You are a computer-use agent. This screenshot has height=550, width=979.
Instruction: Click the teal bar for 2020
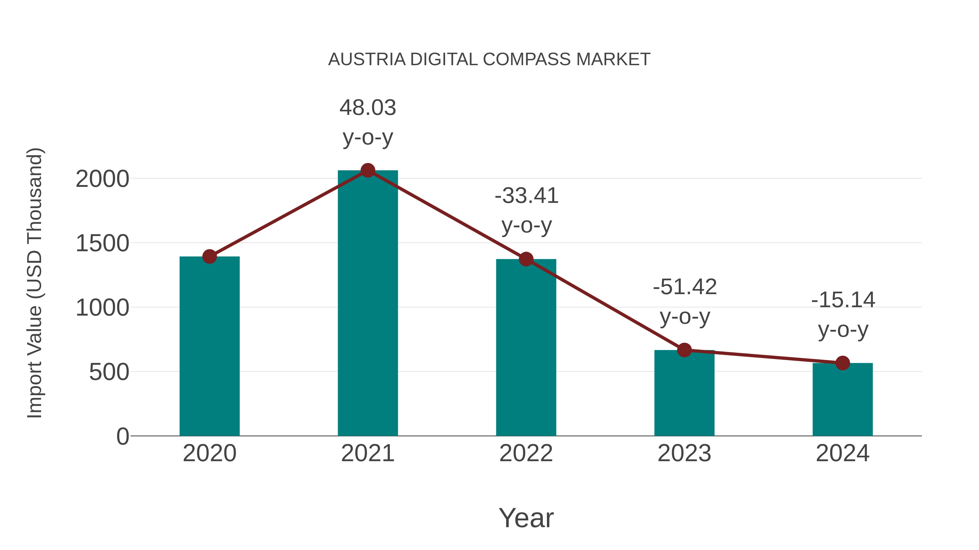tap(209, 346)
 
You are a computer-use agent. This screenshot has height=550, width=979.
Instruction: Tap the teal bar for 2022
tap(526, 347)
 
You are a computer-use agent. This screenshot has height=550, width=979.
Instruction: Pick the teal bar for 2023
tap(684, 393)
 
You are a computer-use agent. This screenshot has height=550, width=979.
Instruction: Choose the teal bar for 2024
tap(842, 399)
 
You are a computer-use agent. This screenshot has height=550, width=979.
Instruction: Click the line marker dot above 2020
tap(209, 257)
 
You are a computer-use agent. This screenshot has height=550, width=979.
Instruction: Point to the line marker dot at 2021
tap(367, 170)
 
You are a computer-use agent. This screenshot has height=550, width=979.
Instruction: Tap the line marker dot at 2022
tap(526, 259)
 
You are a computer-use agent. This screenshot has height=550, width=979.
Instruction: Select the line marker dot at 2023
tap(684, 350)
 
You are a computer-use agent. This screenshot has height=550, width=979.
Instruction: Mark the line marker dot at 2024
tap(842, 363)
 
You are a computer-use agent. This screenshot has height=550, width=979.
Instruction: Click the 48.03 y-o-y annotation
tap(367, 122)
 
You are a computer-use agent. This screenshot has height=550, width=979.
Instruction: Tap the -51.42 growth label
tap(684, 301)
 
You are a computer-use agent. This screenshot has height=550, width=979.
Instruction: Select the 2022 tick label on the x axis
tap(526, 453)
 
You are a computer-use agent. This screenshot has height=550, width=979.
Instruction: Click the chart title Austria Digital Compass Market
tap(489, 59)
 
